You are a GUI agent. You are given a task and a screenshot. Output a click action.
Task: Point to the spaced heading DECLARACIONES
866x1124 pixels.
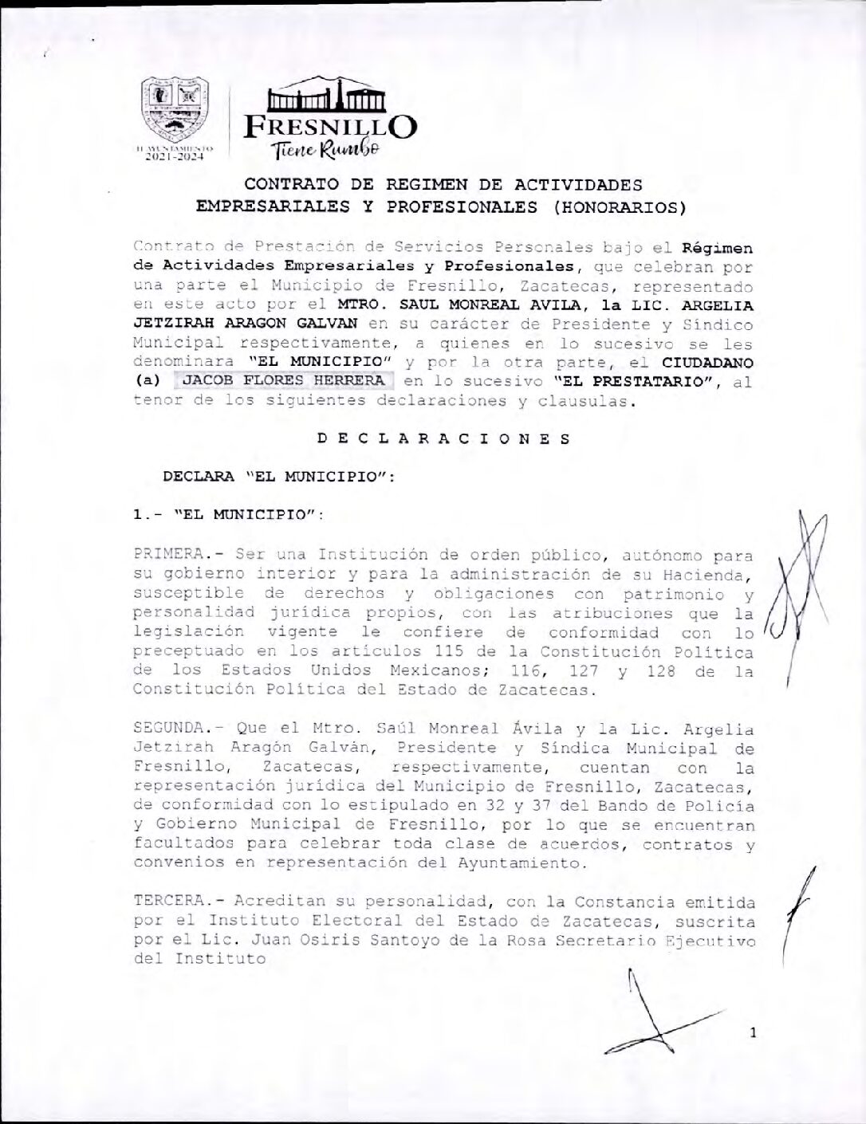click(443, 438)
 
